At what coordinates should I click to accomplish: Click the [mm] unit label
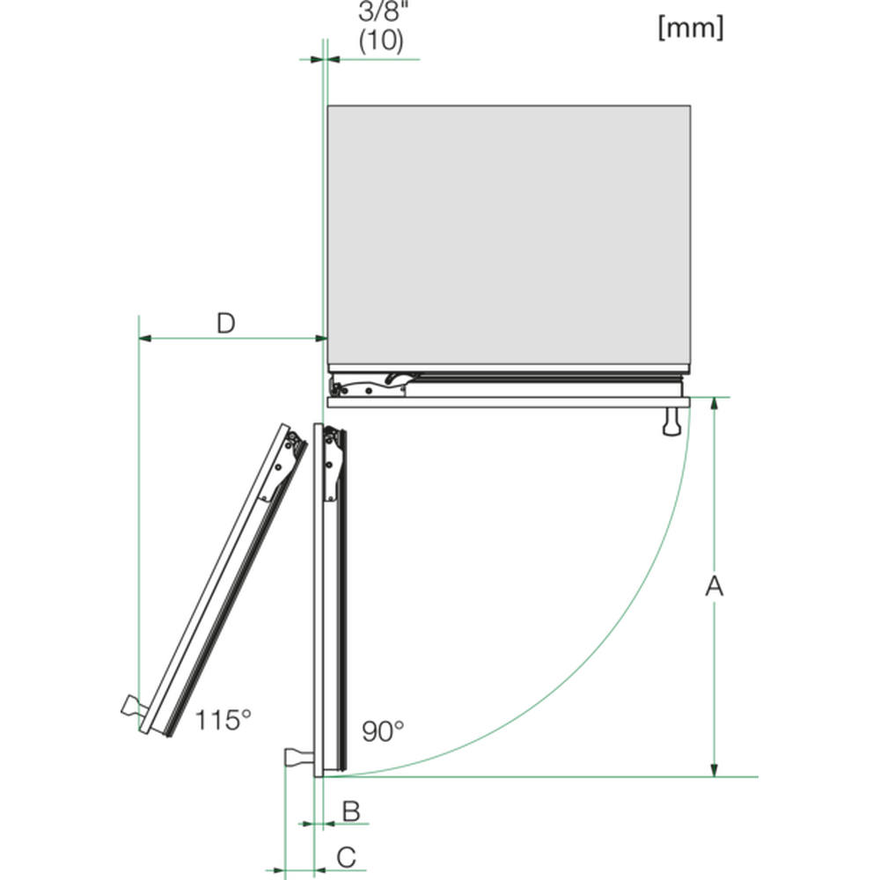pos(691,27)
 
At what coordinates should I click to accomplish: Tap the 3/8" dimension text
pos(381,11)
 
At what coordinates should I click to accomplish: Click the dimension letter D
pos(226,323)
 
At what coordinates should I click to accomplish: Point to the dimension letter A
pos(714,585)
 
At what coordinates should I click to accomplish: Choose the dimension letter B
pos(351,811)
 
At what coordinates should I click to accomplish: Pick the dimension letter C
pos(346,857)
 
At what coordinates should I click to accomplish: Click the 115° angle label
pos(223,720)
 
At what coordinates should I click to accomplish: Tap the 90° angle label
pos(383,731)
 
